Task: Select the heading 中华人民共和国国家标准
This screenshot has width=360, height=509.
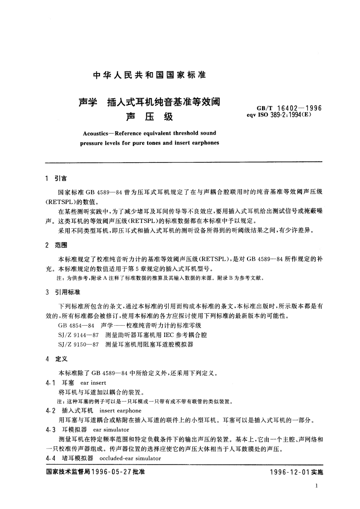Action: click(x=149, y=75)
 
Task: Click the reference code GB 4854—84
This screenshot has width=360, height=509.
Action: click(x=76, y=326)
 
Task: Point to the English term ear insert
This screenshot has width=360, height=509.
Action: click(x=93, y=383)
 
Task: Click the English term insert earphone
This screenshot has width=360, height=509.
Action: click(x=120, y=411)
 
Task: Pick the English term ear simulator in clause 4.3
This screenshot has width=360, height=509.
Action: click(x=111, y=430)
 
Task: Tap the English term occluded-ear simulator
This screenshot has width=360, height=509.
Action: click(x=130, y=459)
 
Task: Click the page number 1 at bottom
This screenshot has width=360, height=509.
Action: click(x=316, y=486)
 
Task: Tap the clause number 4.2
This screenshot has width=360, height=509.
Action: click(x=50, y=411)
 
